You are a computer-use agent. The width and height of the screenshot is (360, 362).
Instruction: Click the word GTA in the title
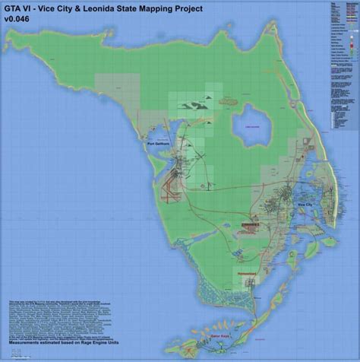[15, 10]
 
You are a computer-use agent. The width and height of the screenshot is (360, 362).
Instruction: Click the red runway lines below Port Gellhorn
[166, 179]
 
